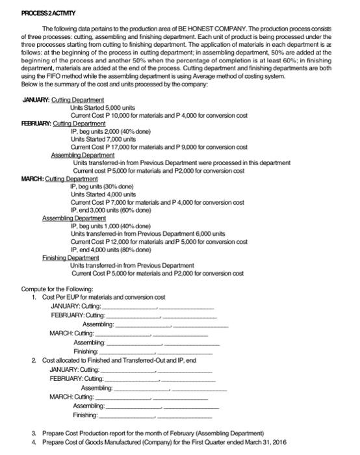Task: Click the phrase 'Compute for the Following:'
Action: click(x=57, y=288)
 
